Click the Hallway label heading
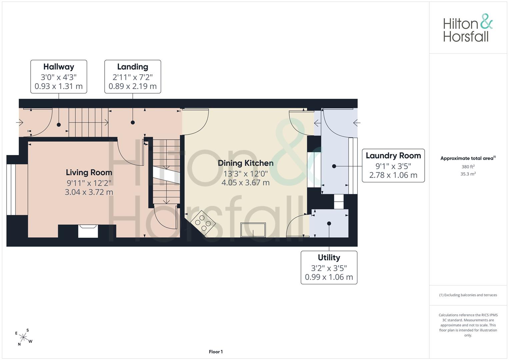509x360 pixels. (59, 67)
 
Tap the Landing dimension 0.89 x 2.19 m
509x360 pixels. (132, 86)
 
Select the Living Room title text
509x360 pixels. (89, 173)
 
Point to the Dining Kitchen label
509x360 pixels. (246, 163)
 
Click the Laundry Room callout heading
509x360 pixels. (393, 156)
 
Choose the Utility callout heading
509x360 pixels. (329, 258)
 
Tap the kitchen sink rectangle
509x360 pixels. (253, 230)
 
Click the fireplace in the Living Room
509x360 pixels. (88, 231)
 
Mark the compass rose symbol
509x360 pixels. (23, 337)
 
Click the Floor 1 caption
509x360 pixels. (216, 352)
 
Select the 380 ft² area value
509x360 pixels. (468, 167)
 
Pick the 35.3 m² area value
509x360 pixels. (468, 174)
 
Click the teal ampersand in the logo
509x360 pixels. (486, 21)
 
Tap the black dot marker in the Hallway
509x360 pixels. (59, 125)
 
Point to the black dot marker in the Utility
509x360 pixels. (329, 224)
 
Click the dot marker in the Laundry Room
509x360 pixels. (334, 166)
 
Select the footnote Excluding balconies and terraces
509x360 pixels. (468, 295)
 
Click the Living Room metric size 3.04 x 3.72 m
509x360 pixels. (89, 192)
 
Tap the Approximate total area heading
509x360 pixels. (468, 158)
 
